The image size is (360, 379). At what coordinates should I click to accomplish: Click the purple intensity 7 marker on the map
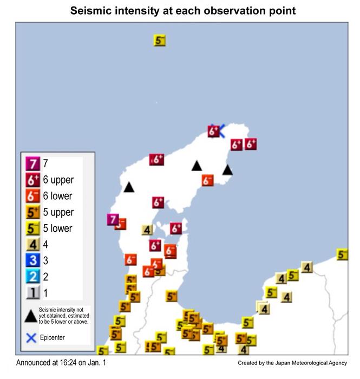113,219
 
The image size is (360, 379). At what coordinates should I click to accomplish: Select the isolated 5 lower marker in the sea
159,40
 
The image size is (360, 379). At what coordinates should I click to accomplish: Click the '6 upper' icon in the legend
32,179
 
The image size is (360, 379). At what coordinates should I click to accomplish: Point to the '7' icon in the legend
32,163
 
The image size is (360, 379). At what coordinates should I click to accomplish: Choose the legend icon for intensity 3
32,261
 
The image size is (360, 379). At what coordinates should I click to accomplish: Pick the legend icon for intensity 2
32,277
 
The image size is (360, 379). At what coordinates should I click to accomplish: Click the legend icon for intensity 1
32,293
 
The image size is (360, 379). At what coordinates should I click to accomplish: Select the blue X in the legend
31,338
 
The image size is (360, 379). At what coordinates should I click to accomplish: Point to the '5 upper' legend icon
32,212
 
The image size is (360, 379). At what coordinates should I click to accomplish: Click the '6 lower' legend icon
32,195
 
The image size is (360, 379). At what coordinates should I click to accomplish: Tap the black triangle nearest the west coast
128,187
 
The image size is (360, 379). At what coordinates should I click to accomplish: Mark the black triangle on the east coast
227,170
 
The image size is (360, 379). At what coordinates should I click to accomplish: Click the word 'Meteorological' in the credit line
306,363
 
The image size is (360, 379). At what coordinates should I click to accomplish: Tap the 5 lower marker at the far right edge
342,254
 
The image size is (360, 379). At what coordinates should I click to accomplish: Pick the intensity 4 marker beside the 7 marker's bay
147,230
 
